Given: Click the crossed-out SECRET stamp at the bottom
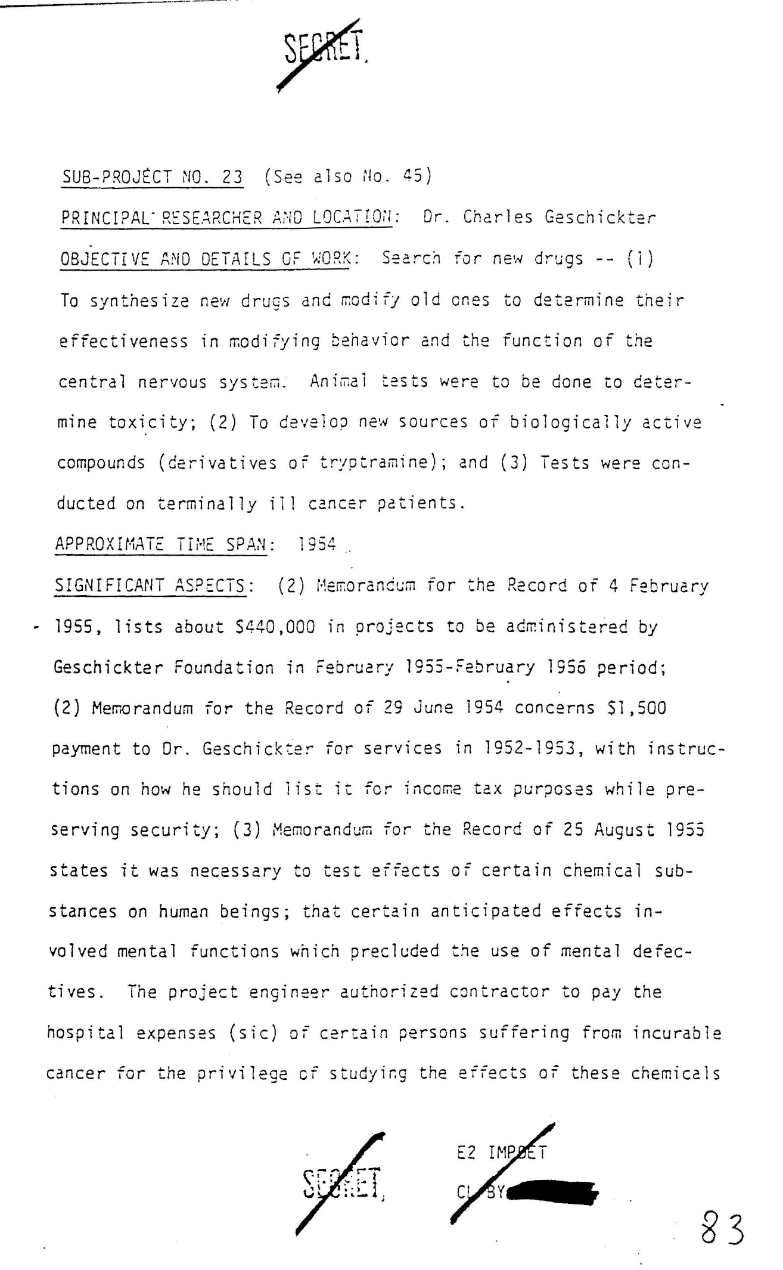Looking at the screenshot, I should click(341, 1184).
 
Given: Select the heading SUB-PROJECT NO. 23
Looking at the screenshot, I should click(153, 177).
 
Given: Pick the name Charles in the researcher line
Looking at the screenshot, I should click(498, 217).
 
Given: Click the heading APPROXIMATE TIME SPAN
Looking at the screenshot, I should click(161, 544).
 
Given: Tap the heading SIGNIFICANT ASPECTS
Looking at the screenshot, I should click(151, 586).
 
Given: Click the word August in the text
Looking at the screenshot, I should click(624, 829).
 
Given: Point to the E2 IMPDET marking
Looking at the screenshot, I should click(501, 1153).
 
